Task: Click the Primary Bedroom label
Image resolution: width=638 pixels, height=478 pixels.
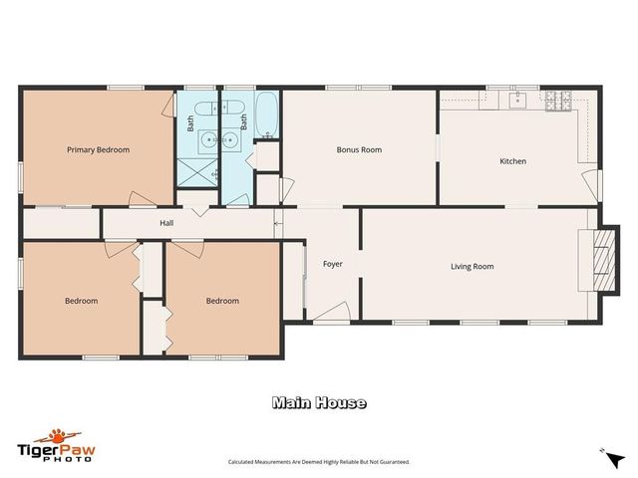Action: click(98, 150)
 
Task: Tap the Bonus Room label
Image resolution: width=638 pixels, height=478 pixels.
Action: click(359, 150)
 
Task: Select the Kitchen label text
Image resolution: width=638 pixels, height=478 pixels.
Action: click(512, 161)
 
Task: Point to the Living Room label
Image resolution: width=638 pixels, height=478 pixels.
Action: click(472, 266)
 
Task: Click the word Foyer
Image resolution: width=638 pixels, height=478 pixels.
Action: click(332, 264)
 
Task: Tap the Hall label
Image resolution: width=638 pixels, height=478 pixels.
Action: click(166, 223)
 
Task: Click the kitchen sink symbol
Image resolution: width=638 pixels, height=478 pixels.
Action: click(518, 100)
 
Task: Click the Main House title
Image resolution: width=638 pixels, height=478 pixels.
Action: click(319, 403)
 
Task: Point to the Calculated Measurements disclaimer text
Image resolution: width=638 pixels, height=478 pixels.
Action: click(319, 462)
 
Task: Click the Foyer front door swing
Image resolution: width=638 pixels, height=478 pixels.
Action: click(329, 314)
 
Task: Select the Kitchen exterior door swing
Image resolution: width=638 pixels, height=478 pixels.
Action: click(595, 184)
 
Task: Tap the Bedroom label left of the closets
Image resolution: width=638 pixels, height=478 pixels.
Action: click(81, 301)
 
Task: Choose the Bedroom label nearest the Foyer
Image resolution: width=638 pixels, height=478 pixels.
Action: click(222, 301)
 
